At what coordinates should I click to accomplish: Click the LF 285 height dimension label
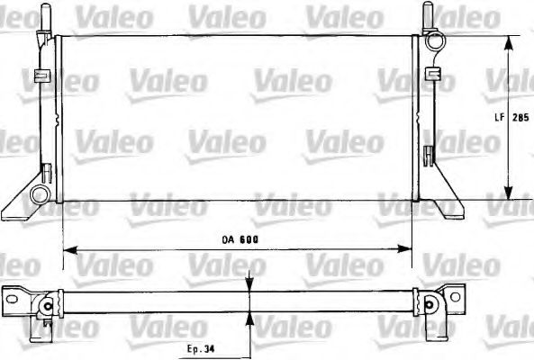click(x=514, y=117)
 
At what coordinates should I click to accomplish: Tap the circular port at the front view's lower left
click(x=39, y=193)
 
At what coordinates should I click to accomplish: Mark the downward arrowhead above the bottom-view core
click(x=249, y=286)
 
